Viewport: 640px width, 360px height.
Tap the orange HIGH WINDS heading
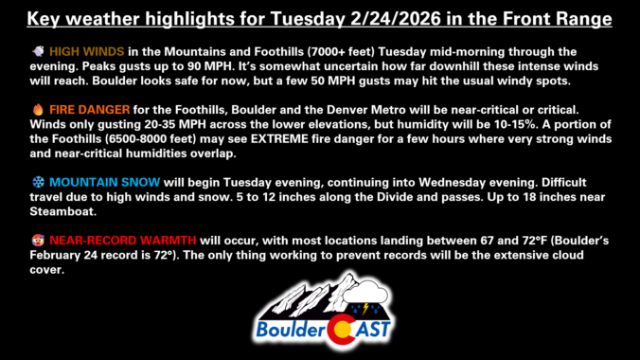[86, 52]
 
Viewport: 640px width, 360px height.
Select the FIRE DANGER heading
[89, 110]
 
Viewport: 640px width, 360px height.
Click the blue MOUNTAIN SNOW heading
[104, 182]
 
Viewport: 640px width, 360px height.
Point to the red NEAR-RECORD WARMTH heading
[123, 241]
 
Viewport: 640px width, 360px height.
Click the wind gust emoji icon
[39, 51]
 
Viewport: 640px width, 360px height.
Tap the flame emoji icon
[38, 109]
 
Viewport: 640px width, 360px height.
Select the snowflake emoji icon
[39, 182]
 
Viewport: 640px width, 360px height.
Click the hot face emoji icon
[38, 241]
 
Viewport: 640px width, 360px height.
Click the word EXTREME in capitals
[279, 139]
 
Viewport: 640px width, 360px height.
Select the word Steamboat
[62, 211]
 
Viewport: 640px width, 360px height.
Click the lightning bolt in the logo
[365, 308]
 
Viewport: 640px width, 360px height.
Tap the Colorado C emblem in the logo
[341, 329]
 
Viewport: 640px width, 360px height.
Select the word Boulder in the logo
[291, 330]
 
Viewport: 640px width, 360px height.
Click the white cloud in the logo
[364, 292]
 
